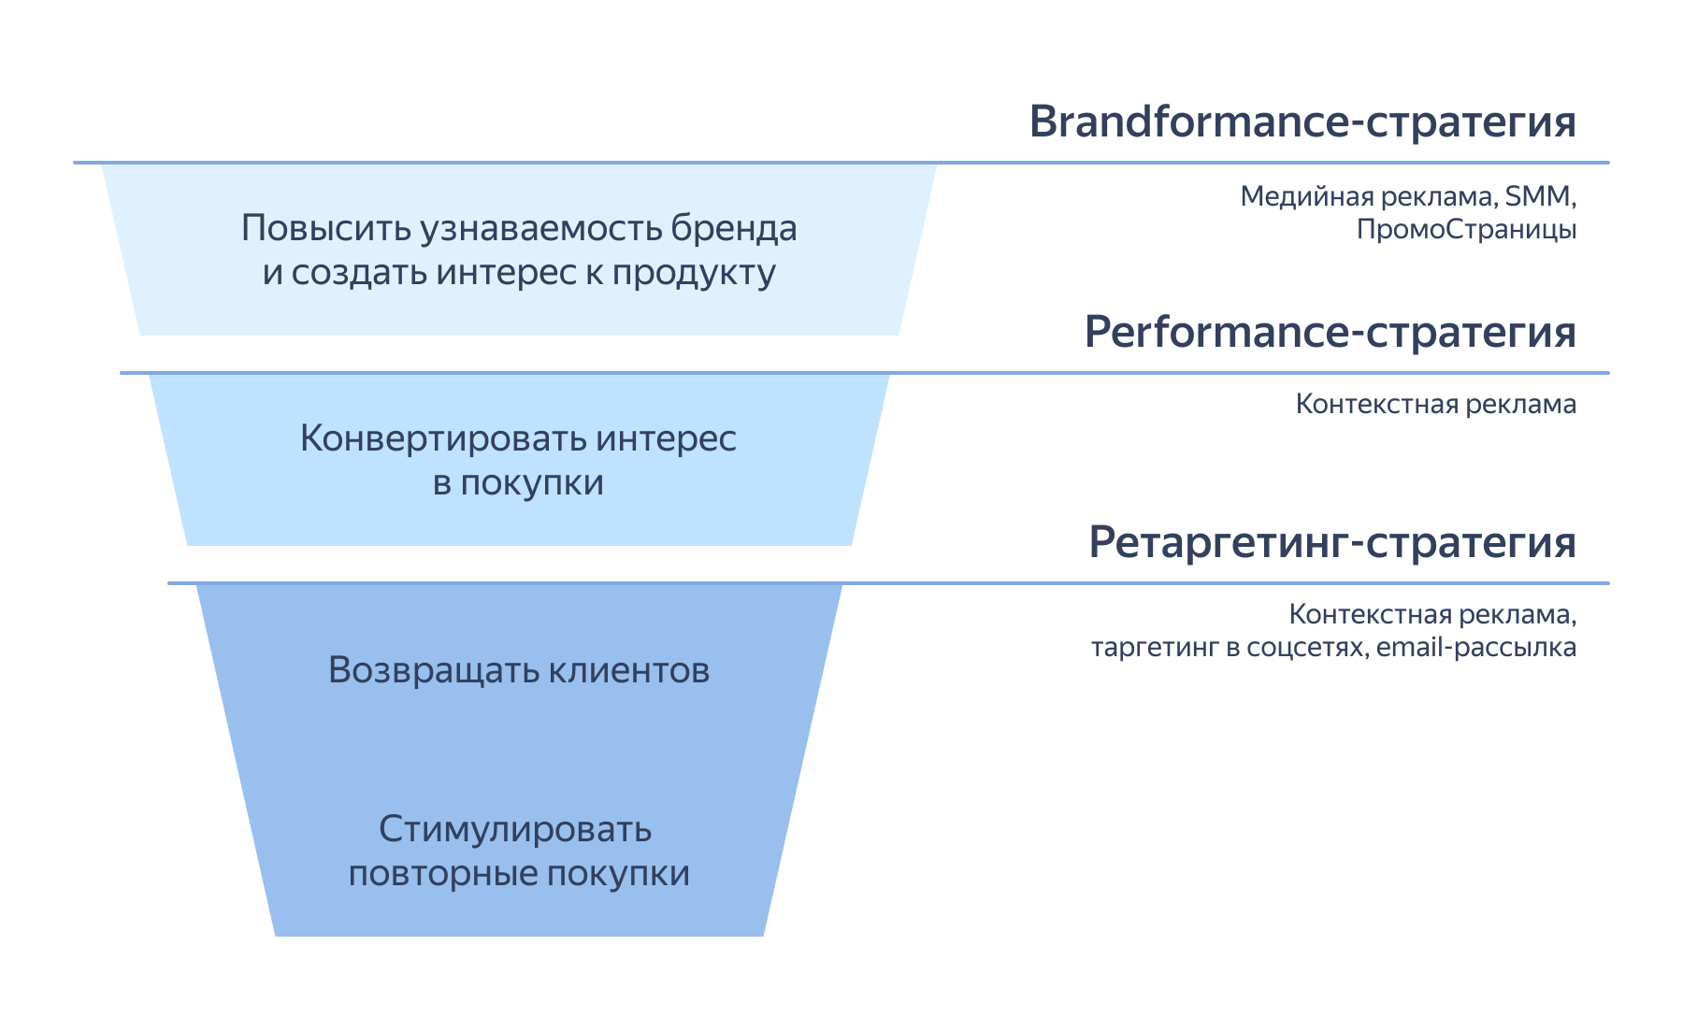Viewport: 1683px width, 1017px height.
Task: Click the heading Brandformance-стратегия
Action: [1302, 122]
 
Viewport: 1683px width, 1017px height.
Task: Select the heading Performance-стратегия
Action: [1330, 333]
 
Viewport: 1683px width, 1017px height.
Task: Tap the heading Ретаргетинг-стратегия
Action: [1331, 543]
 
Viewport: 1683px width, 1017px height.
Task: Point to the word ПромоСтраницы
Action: [1466, 229]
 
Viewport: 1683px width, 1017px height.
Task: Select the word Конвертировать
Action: [441, 438]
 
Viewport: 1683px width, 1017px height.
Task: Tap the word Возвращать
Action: [432, 670]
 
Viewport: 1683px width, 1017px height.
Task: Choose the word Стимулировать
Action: [515, 829]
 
